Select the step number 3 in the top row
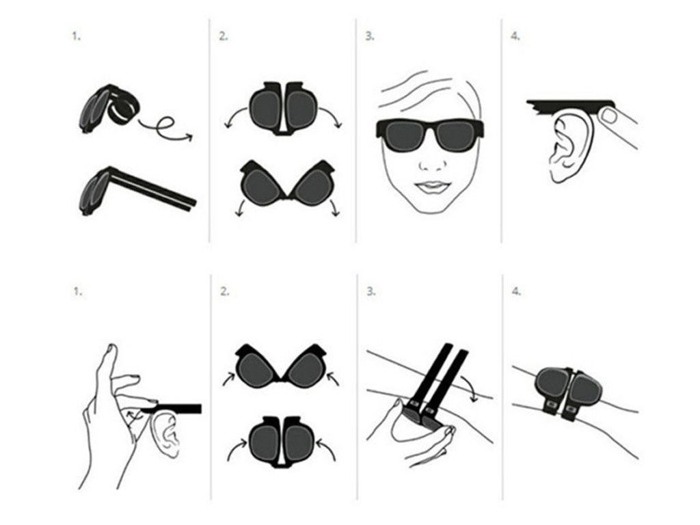370,36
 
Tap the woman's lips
431,187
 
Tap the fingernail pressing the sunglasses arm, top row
609,115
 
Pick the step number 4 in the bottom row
517,291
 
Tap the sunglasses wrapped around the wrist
569,391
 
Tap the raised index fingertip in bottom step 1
111,348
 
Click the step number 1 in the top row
77,36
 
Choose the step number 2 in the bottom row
224,291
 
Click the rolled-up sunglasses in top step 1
110,109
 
